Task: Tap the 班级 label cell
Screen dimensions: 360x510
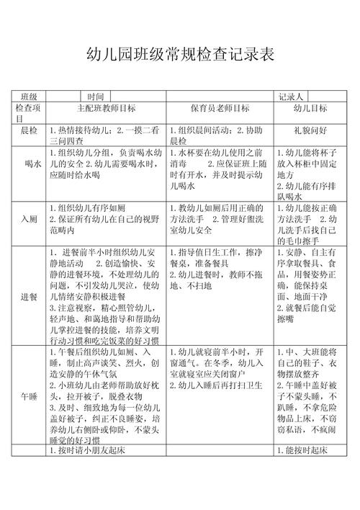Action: coord(30,97)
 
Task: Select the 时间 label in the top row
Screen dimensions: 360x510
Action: coord(96,97)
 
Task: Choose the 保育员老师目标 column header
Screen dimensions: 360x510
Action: coord(220,108)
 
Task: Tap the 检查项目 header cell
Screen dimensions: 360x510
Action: coord(29,112)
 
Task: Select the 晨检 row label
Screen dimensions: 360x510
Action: coord(30,130)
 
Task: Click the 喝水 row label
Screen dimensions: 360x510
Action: coord(30,164)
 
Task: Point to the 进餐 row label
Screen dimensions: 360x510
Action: coord(30,296)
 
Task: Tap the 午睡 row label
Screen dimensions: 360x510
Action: coord(30,395)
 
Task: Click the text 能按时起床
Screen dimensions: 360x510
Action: coord(302,450)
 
